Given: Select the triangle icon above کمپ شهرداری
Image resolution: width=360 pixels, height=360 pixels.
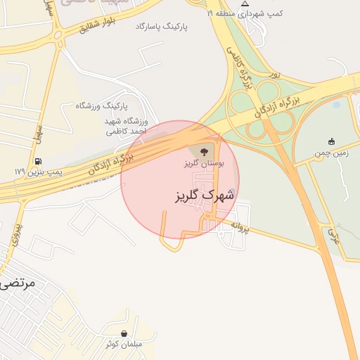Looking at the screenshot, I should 245,4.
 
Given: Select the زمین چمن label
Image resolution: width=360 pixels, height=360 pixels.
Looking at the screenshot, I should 331,151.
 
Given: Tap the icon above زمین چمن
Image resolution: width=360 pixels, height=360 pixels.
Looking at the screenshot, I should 332,141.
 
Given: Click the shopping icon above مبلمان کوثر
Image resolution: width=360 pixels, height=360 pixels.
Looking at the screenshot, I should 124,333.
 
